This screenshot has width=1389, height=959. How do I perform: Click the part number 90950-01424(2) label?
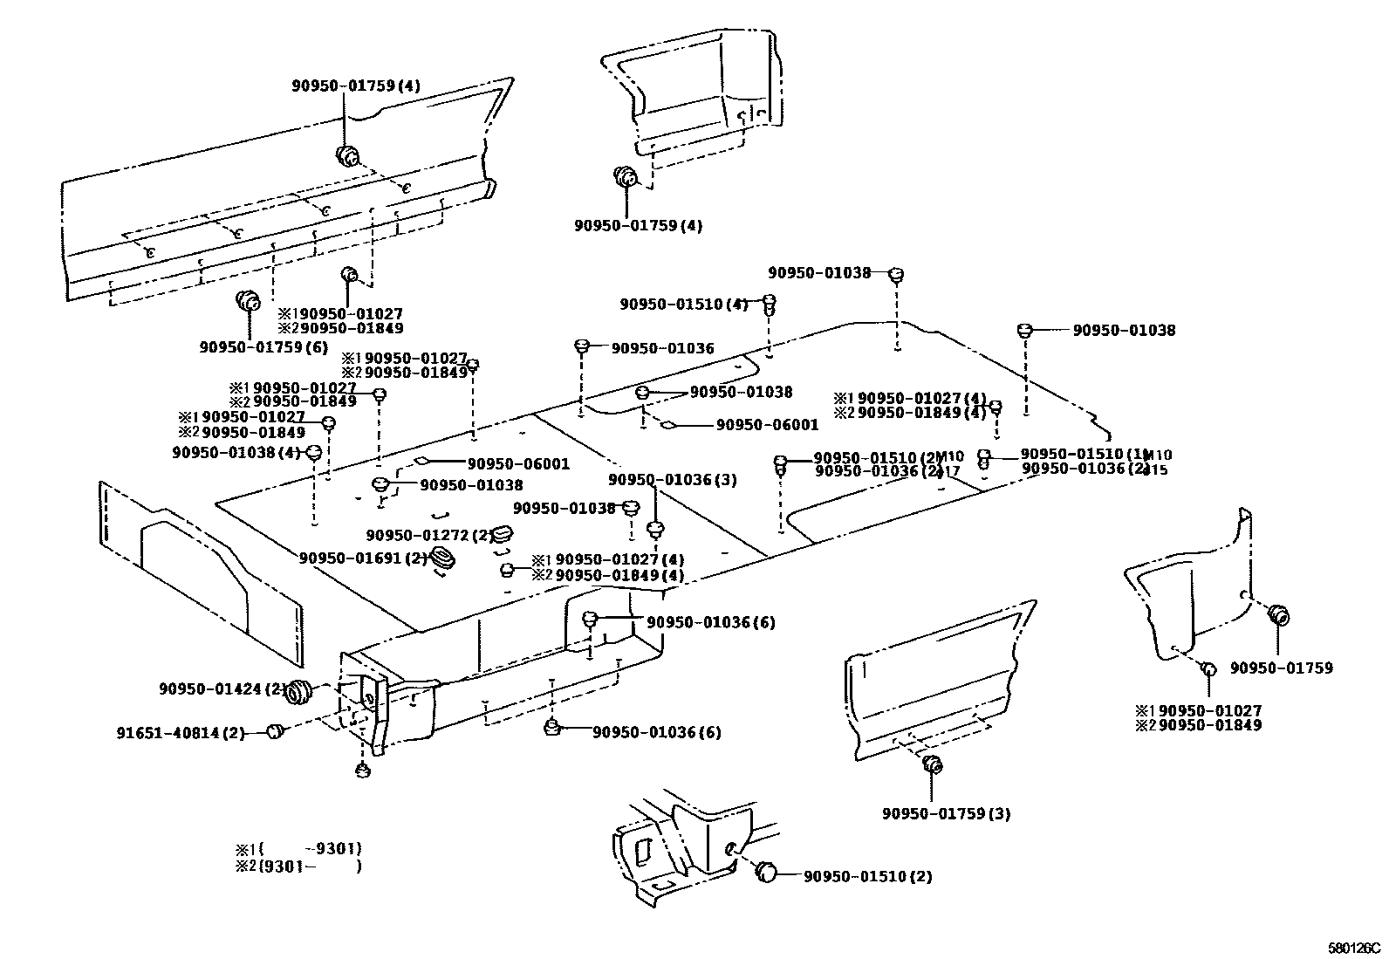click(222, 688)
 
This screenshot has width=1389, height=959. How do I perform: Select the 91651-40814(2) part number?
click(181, 732)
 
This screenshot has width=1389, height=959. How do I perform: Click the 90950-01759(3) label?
click(946, 813)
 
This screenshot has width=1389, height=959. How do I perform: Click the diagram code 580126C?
click(1355, 947)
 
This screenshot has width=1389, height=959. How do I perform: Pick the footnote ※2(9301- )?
click(298, 866)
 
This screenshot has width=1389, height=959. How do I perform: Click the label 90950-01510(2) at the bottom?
click(867, 876)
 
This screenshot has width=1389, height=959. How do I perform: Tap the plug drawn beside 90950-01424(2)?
click(301, 690)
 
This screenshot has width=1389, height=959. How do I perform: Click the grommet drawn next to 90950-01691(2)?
click(444, 561)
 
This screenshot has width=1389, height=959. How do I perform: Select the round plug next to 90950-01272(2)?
click(503, 534)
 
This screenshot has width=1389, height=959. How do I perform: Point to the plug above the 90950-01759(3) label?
click(932, 765)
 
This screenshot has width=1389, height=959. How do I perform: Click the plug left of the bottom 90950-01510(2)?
click(766, 872)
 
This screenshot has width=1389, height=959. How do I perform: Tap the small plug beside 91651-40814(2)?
click(276, 730)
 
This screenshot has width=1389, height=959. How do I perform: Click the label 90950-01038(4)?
click(236, 452)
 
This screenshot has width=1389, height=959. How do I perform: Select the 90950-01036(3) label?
click(673, 480)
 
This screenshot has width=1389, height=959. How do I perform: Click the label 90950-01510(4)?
click(684, 304)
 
